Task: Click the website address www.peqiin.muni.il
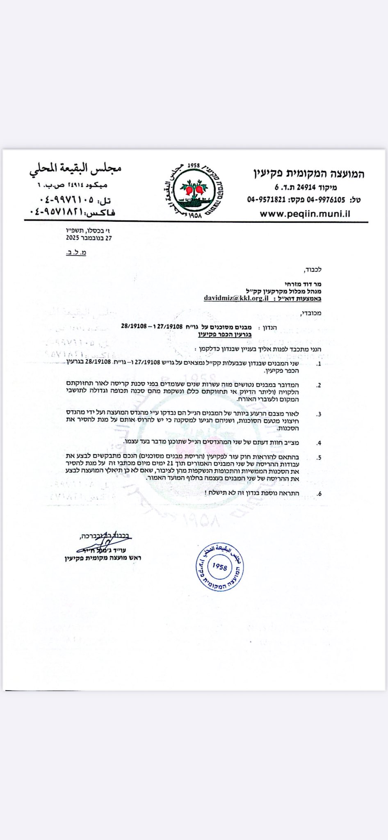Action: coord(305,214)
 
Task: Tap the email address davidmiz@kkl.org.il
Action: coord(236,298)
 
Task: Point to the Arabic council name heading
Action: coord(75,169)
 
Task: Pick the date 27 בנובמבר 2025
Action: coord(89,238)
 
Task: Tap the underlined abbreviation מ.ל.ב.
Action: coord(76,253)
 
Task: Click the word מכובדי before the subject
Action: coord(311,313)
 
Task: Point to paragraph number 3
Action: coord(319,414)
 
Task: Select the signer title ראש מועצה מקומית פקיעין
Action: coord(103,558)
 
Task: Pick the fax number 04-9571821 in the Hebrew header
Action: coord(265,200)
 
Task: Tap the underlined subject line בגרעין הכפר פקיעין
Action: coord(225,334)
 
